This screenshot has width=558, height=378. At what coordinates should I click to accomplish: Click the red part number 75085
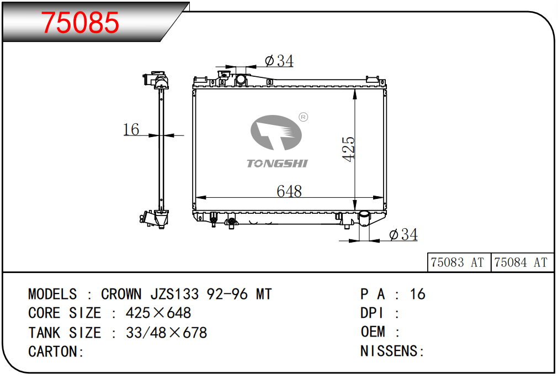tap(80, 23)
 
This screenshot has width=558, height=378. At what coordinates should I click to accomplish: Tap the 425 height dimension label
tap(348, 149)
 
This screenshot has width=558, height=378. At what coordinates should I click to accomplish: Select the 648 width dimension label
tap(289, 191)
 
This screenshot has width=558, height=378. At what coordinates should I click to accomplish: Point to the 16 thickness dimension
tap(131, 129)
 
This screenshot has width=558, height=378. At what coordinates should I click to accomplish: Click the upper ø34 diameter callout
tap(279, 61)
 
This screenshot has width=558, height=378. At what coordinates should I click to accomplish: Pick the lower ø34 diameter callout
tap(403, 234)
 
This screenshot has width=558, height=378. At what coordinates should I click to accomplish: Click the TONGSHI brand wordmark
tap(277, 164)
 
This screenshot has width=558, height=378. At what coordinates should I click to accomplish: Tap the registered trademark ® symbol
tap(303, 117)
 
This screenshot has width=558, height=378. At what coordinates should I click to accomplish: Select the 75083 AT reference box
tap(459, 262)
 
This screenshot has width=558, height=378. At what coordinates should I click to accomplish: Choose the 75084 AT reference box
tap(522, 262)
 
